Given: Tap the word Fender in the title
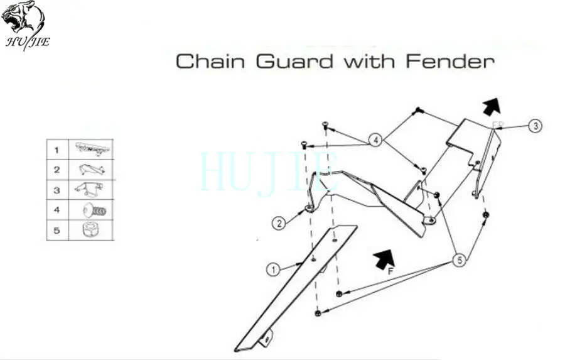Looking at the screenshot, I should (x=449, y=62).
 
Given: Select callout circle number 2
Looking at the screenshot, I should (x=279, y=222).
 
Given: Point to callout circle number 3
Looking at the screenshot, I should (x=534, y=126).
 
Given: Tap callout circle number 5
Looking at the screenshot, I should (x=459, y=259).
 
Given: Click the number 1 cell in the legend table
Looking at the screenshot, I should (x=56, y=150).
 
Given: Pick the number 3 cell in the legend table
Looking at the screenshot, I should (x=56, y=190).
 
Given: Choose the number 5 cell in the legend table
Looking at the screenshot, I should (x=56, y=230).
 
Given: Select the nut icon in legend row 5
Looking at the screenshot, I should (x=90, y=230).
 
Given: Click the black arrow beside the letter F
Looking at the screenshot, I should (x=384, y=257).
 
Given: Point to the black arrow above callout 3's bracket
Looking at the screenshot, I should (x=492, y=105).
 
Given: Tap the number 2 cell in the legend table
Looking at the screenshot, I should (x=56, y=170).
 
